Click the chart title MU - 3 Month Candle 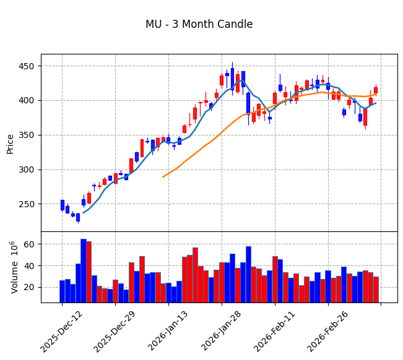click(x=199, y=25)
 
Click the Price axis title click(x=11, y=144)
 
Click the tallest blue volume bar click(x=83, y=270)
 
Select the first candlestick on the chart click(x=62, y=205)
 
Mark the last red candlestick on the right click(x=376, y=90)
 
